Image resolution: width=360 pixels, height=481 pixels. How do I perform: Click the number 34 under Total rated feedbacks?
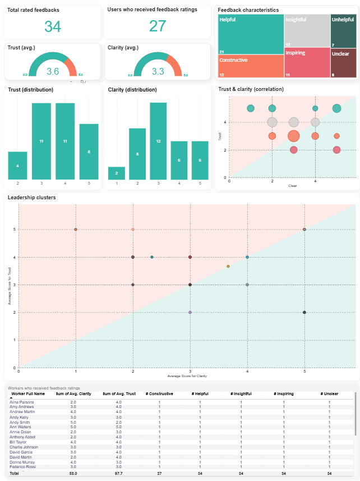tap(53, 26)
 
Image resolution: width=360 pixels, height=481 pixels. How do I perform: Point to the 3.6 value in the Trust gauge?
tap(53, 71)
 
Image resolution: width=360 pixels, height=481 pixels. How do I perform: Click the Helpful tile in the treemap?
tap(250, 34)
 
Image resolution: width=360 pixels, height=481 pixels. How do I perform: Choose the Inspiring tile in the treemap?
tap(307, 62)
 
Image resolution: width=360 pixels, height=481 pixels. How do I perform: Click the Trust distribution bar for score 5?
tap(89, 151)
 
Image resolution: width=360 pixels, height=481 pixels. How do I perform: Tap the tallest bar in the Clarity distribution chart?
tap(158, 140)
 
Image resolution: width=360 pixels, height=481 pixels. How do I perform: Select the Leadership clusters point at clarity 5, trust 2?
tap(304, 313)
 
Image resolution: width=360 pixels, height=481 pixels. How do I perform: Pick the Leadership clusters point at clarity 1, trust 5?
tap(76, 230)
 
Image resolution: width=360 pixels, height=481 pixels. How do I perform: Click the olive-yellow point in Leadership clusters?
tap(228, 266)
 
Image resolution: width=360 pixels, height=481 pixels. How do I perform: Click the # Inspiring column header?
tap(283, 394)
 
